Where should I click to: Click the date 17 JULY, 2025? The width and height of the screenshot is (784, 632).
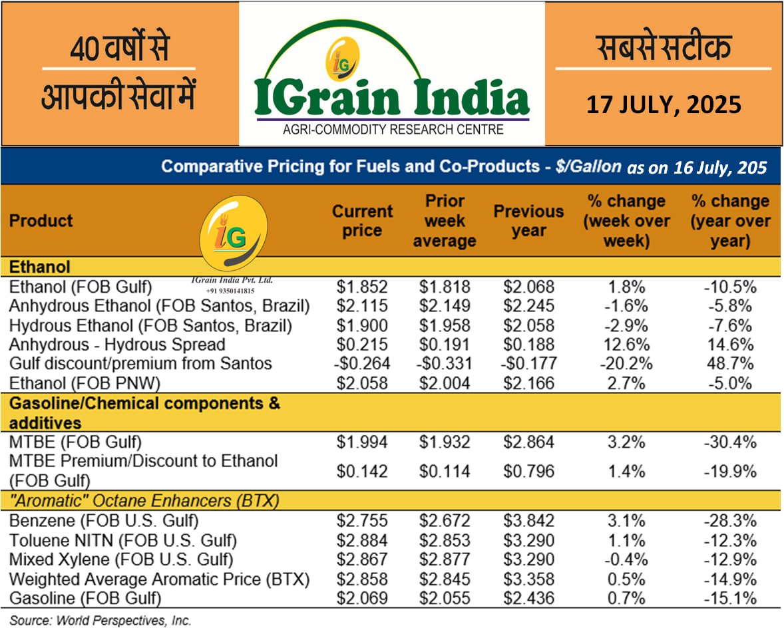pyautogui.click(x=664, y=104)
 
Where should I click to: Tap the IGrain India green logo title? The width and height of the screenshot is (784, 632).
pyautogui.click(x=391, y=96)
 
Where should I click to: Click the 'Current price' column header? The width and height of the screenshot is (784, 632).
pyautogui.click(x=363, y=221)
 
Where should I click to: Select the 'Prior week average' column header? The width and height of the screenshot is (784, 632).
pyautogui.click(x=444, y=221)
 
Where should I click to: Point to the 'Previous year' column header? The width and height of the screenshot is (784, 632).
pyautogui.click(x=529, y=221)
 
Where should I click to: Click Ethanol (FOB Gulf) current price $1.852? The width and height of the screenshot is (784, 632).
pyautogui.click(x=363, y=287)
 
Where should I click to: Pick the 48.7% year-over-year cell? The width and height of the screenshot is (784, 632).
pyautogui.click(x=729, y=364)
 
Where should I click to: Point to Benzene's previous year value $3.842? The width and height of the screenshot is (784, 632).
pyautogui.click(x=529, y=521)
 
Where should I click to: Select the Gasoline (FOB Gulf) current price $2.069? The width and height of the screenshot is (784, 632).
pyautogui.click(x=363, y=598)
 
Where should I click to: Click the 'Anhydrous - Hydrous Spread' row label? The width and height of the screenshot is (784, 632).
pyautogui.click(x=116, y=345)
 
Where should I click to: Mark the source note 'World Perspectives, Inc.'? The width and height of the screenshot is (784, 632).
pyautogui.click(x=100, y=621)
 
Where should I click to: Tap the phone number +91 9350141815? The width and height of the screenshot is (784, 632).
pyautogui.click(x=230, y=290)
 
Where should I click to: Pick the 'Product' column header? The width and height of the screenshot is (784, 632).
pyautogui.click(x=41, y=221)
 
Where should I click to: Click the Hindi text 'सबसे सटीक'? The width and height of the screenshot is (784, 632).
pyautogui.click(x=663, y=48)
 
